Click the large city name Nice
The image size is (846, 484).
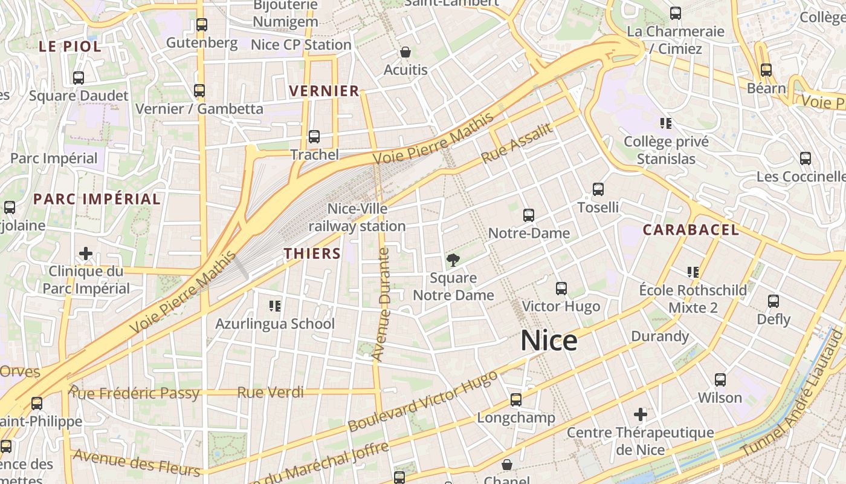pos(549,341)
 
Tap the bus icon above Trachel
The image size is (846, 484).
pos(314,137)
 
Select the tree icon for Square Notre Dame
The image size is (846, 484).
pos(452,260)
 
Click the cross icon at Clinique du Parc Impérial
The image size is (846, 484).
pos(86,253)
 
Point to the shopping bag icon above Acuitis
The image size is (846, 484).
pos(405,52)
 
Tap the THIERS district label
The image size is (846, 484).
pos(312,253)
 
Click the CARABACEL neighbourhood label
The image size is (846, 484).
pos(691,230)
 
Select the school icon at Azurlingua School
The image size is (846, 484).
pos(275,306)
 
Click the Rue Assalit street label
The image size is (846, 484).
pos(517,143)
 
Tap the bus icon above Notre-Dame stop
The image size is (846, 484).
pos(529,215)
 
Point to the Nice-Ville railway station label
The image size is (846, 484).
pos(358,217)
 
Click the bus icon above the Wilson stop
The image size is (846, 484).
pos(720,380)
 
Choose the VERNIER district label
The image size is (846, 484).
pos(324,91)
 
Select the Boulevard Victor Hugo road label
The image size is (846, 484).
pos(423,401)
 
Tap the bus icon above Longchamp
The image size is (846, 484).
pos(515,399)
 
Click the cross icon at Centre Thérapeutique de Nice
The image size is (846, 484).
pos(641,414)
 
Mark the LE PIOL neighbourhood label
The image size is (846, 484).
pos(70,46)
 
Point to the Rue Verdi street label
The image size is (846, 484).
pos(270,393)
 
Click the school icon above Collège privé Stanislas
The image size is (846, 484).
pos(666,123)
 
